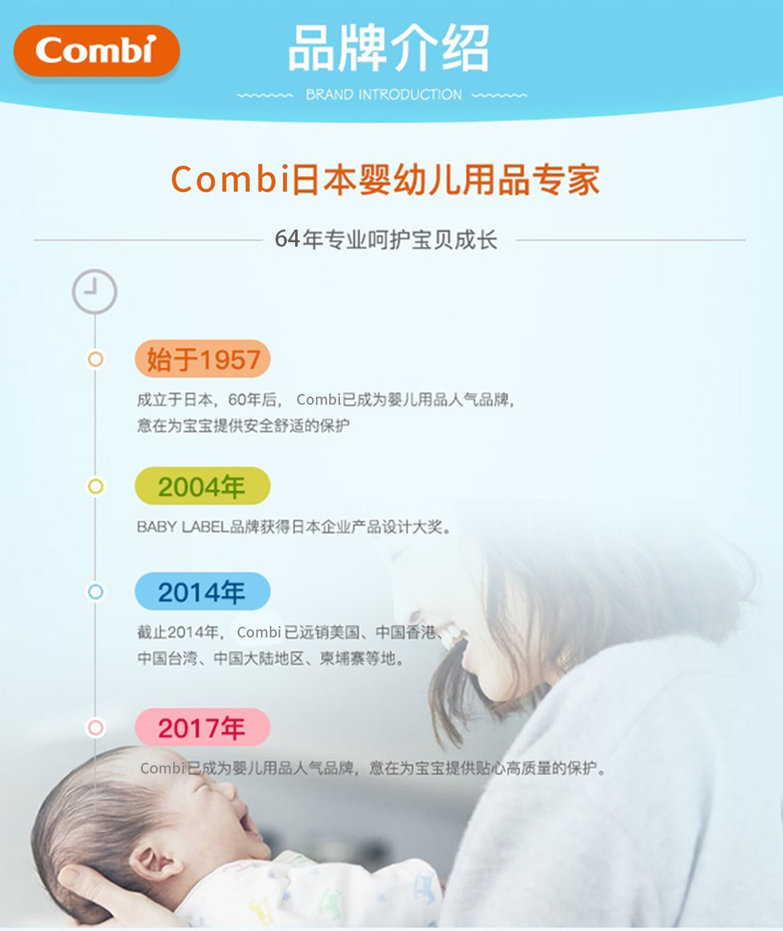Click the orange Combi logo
click(97, 51)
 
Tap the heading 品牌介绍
click(389, 47)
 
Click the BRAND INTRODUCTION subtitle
click(383, 94)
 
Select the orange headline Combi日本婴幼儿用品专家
click(385, 179)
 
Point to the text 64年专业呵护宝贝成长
click(386, 240)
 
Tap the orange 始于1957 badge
click(203, 359)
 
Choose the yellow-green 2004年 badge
click(203, 486)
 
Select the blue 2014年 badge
click(203, 592)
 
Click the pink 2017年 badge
click(203, 728)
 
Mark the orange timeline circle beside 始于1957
click(95, 352)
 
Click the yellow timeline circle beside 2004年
click(95, 479)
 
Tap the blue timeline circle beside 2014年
click(95, 584)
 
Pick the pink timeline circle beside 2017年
click(95, 720)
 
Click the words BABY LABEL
click(183, 527)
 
